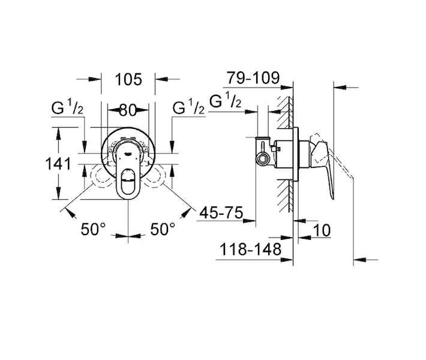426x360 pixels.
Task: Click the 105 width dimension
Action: tap(128, 80)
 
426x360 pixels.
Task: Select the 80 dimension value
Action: tap(128, 110)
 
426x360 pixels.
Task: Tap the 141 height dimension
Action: tap(58, 164)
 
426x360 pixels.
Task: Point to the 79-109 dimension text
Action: tap(253, 78)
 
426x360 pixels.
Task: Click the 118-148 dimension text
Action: tap(250, 249)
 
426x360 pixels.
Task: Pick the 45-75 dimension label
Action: tap(221, 212)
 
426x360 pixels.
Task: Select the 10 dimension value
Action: tap(322, 230)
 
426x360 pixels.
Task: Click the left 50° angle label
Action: tap(93, 229)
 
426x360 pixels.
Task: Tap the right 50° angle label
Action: tap(163, 229)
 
